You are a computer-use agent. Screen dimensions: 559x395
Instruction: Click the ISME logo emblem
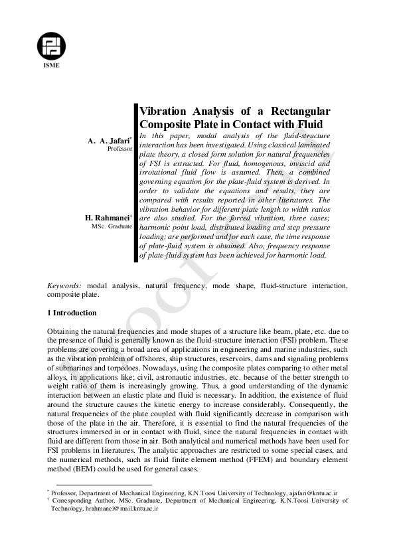click(51, 45)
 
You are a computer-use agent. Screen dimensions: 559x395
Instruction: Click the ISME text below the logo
click(51, 74)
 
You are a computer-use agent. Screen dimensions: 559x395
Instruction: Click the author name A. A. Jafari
click(110, 141)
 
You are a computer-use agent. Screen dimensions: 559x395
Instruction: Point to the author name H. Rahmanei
click(110, 218)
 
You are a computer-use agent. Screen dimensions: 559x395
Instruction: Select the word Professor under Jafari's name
click(120, 149)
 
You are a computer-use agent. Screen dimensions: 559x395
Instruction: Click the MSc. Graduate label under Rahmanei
click(112, 226)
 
